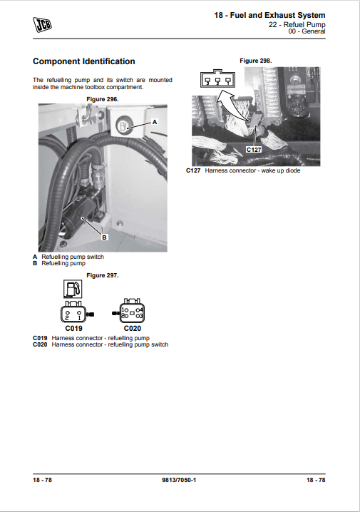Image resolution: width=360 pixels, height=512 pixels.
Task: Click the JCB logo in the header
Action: [42, 25]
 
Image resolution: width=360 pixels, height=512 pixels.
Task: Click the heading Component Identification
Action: [84, 61]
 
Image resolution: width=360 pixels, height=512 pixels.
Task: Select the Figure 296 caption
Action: [103, 99]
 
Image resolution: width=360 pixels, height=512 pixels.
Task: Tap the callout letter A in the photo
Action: [155, 122]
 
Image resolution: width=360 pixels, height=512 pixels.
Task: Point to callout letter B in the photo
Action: [104, 237]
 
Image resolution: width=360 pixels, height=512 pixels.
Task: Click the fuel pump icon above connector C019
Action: [73, 289]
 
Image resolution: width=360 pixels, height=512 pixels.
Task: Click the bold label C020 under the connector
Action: [133, 329]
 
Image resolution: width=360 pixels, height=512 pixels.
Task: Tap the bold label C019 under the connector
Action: [73, 329]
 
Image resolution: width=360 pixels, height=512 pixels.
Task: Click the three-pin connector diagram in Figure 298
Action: [217, 78]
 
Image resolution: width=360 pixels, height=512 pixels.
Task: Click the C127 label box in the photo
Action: [254, 150]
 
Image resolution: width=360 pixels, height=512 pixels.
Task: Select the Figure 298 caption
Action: [255, 61]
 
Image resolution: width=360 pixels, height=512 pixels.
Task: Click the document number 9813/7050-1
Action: [179, 480]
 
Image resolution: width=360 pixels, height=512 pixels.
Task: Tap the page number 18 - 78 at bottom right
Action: [316, 480]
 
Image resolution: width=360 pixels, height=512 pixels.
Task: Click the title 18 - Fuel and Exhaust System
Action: [269, 16]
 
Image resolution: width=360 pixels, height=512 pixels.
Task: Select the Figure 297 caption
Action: [103, 275]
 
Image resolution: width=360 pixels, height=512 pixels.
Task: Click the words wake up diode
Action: [281, 170]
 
